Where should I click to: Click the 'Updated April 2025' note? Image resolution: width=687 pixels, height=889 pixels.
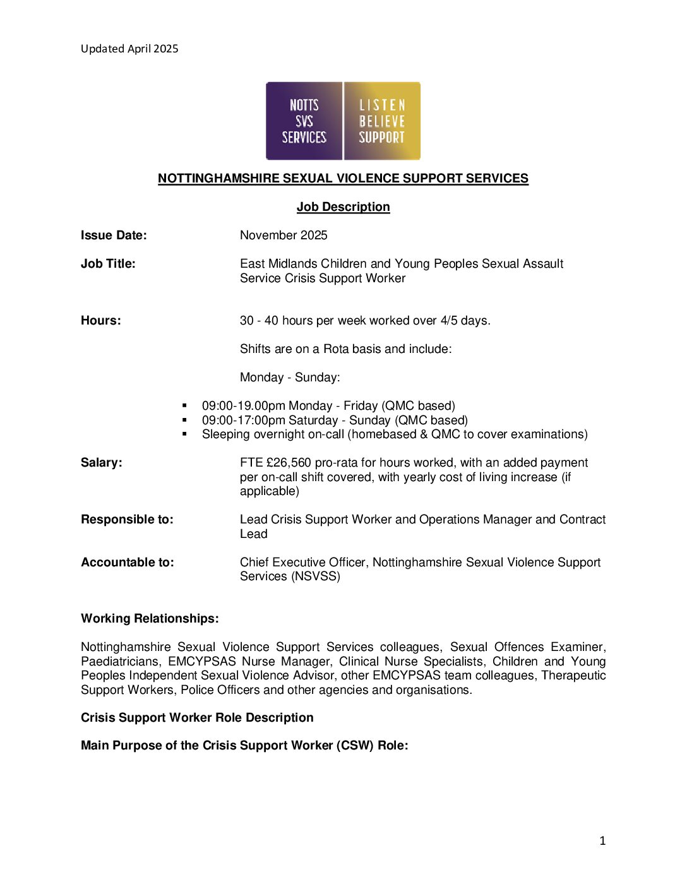(x=129, y=49)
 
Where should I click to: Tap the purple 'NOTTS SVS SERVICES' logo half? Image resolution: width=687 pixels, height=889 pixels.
(x=304, y=121)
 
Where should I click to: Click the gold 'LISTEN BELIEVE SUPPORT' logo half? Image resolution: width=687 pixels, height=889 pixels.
(x=382, y=121)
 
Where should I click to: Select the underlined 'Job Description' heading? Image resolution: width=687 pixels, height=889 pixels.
(x=343, y=207)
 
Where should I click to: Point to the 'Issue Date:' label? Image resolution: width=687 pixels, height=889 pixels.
(x=114, y=236)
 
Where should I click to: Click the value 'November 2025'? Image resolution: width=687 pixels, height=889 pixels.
(x=284, y=236)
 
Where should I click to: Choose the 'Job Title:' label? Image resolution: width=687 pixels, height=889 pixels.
(x=108, y=264)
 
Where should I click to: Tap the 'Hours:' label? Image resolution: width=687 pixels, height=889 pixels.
(x=101, y=321)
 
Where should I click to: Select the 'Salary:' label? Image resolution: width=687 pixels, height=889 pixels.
(x=102, y=463)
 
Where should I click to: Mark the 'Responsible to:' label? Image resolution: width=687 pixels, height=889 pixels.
(x=127, y=520)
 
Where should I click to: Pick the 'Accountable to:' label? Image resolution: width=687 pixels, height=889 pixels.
(x=128, y=563)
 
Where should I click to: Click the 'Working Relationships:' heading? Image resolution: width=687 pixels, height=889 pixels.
(x=150, y=619)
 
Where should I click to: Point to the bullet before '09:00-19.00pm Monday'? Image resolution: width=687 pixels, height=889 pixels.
(x=184, y=405)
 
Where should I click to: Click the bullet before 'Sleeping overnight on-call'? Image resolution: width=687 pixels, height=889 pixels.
(x=184, y=434)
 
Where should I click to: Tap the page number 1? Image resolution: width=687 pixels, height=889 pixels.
(x=602, y=840)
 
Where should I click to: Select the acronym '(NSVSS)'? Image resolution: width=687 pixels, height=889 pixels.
(x=315, y=576)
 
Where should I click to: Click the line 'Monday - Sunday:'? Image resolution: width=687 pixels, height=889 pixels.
(x=290, y=378)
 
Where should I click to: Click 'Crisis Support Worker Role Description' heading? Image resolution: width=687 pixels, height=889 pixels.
(x=197, y=718)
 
